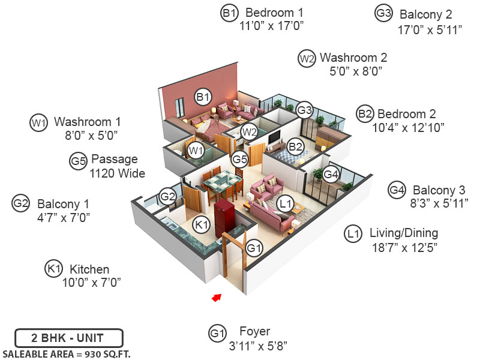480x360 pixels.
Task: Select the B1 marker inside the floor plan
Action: coord(203,97)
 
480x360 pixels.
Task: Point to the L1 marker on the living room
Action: coord(286,204)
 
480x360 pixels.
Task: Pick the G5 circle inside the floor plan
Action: coord(240,160)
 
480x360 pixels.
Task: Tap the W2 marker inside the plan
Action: coord(249,131)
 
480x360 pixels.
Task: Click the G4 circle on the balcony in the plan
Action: coord(331,174)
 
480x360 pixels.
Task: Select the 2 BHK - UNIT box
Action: coord(68,337)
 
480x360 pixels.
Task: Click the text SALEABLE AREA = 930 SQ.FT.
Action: coord(67,353)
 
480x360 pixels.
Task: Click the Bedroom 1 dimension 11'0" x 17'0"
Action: coord(272,26)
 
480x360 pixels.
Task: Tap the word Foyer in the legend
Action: coord(254,331)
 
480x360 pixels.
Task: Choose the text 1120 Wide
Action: coord(118,174)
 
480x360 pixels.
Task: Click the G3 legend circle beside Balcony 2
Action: coord(383,14)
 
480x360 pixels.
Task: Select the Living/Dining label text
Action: coord(403,233)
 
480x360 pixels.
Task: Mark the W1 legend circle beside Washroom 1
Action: coord(38,122)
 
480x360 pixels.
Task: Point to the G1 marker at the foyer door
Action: coord(254,247)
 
